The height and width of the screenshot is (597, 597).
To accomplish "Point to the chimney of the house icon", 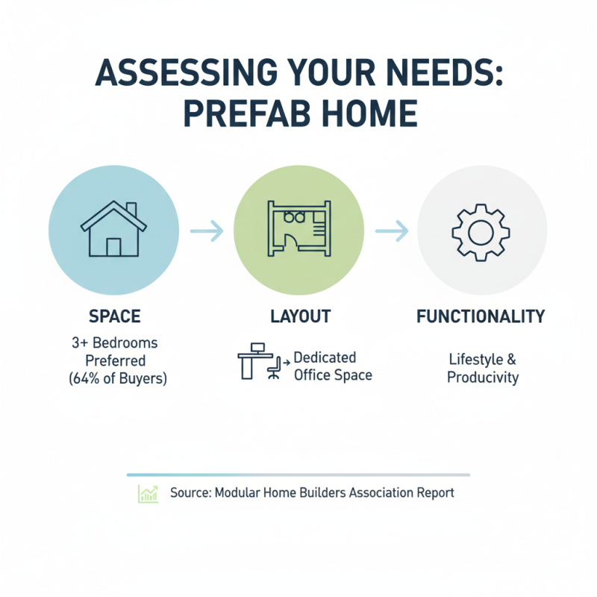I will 131,208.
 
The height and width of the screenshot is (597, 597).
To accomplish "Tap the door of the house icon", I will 113,247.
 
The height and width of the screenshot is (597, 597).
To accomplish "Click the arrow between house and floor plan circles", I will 206,231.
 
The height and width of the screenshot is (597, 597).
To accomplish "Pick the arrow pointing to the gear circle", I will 390,231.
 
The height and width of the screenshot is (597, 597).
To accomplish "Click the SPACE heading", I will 114,316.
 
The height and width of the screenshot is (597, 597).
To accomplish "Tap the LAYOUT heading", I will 298,316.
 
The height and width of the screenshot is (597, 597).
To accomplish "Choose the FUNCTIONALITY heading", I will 481,316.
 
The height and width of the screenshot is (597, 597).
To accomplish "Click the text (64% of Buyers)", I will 115,378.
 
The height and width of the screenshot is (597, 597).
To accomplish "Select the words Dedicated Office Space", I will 331,366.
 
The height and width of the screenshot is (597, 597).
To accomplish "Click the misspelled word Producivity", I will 483,378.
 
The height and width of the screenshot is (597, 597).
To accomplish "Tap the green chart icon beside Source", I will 148,493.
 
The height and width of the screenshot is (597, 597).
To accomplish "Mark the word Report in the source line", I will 434,493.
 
